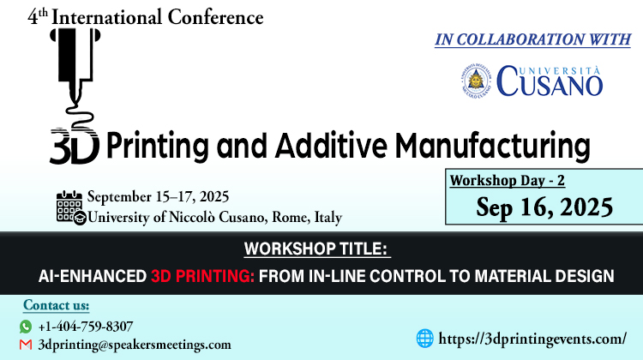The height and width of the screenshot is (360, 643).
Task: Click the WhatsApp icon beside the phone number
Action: coord(26,327)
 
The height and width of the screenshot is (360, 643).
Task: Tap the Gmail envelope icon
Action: coord(26,345)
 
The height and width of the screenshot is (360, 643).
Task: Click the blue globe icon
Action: coord(425,339)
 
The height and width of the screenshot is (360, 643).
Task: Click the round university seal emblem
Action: coord(476,81)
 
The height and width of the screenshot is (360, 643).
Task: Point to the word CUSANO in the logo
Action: coord(550,82)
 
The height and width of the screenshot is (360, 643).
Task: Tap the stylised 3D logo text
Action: coord(75,147)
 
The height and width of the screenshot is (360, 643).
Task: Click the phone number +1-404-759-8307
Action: coord(85,327)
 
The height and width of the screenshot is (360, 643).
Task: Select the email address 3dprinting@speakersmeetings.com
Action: coord(135,345)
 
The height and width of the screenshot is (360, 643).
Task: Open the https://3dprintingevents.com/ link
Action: coord(532,339)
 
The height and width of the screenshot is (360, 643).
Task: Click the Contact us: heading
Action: coord(57,305)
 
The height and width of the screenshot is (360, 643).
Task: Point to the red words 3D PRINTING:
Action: coord(202,276)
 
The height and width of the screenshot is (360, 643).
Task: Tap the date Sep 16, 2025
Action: coord(544,207)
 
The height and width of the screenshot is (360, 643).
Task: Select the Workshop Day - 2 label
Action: coord(508,180)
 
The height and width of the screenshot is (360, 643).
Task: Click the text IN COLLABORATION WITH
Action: coord(532,39)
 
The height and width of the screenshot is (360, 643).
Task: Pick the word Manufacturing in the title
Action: coord(492,147)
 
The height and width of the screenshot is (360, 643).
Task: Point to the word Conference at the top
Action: coord(215,17)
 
